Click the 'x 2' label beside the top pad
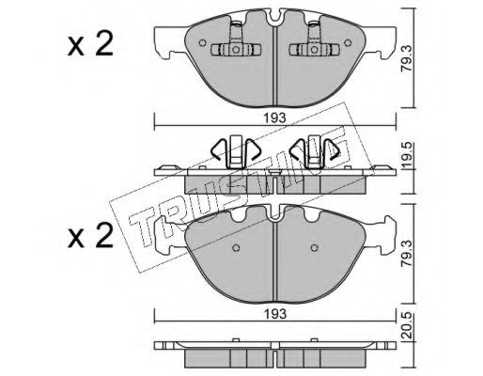[x=90, y=45]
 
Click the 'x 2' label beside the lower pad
[x=90, y=236]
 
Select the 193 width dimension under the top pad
[x=274, y=118]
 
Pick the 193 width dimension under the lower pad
[x=274, y=314]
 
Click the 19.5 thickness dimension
[x=407, y=156]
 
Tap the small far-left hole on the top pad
[x=202, y=42]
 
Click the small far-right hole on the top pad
[x=348, y=42]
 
